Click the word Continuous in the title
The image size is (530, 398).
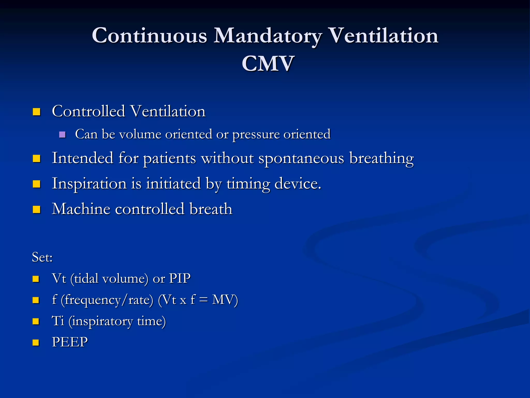tap(150, 35)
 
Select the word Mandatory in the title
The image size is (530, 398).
tap(268, 36)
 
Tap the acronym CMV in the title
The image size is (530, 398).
tap(268, 64)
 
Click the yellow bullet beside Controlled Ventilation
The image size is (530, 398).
tap(36, 112)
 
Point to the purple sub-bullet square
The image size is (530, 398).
tap(62, 134)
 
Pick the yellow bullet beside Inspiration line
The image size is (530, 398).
tap(36, 184)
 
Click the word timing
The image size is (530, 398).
tap(248, 184)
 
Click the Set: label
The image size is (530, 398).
tap(42, 257)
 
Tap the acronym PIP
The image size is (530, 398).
tap(180, 279)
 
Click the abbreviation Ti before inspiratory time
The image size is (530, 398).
tap(58, 321)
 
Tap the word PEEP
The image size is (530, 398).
tap(70, 342)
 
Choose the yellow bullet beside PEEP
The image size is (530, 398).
tap(36, 343)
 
